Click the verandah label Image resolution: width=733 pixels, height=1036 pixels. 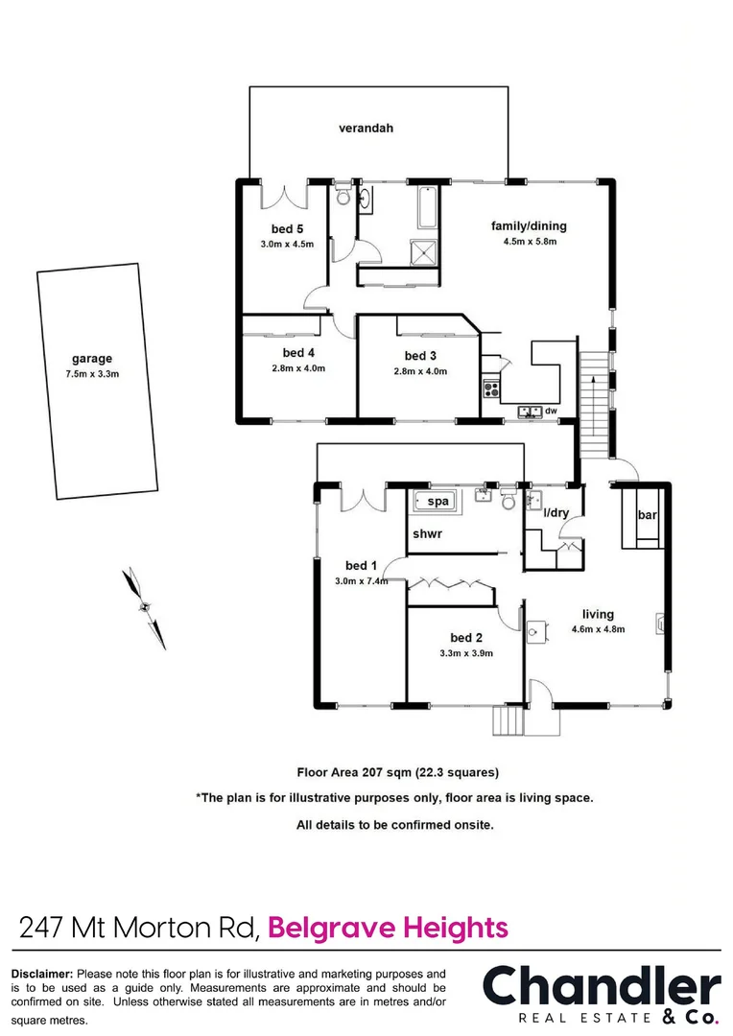(366, 128)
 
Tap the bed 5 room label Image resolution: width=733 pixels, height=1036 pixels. (287, 228)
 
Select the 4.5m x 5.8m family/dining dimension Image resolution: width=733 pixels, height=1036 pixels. (530, 242)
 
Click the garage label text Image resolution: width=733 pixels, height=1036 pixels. (92, 359)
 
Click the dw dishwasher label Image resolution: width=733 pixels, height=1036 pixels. (550, 412)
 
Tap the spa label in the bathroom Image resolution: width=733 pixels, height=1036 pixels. (437, 502)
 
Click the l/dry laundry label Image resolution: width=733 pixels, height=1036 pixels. (556, 513)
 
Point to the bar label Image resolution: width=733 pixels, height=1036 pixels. (647, 516)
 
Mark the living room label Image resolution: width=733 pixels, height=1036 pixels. (598, 614)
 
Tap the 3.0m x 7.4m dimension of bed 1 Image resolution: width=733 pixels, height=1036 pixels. (361, 581)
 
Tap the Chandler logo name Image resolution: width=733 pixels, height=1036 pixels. (601, 987)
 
